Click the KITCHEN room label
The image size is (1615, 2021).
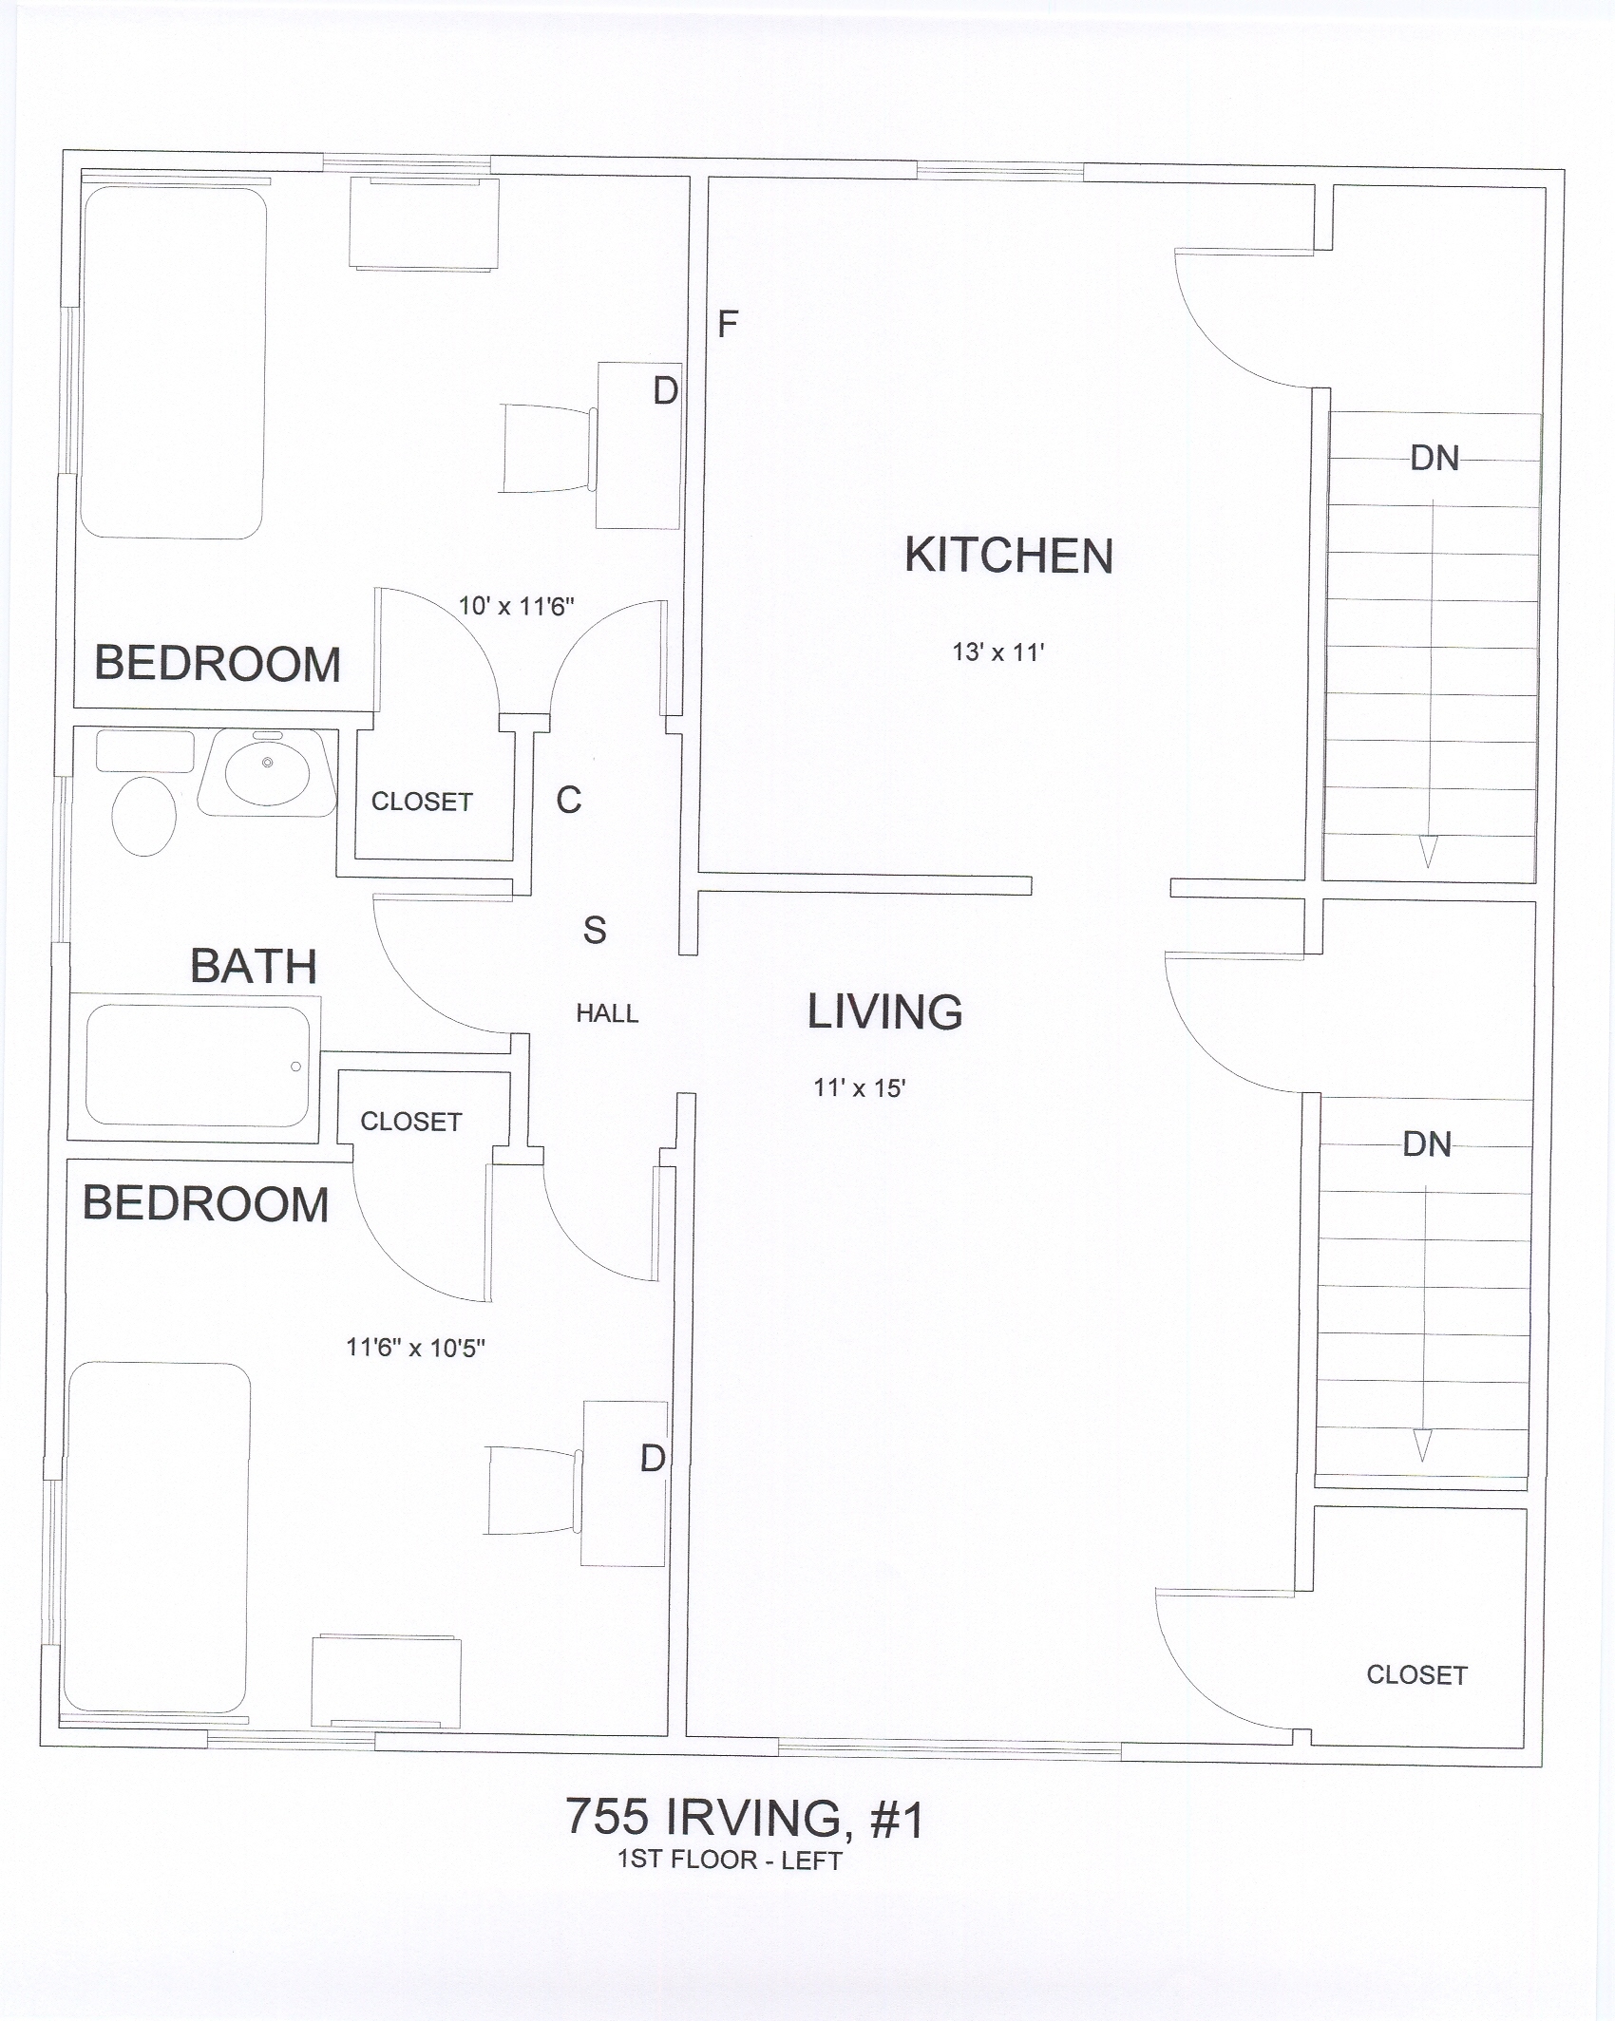click(1009, 556)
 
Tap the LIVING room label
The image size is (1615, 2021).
click(885, 1012)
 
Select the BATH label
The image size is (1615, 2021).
click(254, 967)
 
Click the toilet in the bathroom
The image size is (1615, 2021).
click(144, 816)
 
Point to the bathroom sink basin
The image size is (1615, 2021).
click(267, 771)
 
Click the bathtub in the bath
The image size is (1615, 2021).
click(198, 1066)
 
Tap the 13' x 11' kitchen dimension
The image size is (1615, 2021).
click(998, 652)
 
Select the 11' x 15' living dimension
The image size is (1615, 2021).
click(859, 1088)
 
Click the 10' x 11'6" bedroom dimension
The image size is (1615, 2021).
click(517, 606)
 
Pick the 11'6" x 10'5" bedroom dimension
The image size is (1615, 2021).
click(416, 1348)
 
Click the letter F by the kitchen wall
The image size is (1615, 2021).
click(728, 325)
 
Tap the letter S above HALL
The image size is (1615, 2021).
click(595, 931)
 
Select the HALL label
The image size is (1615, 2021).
click(607, 1014)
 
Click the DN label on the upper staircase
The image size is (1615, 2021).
click(1434, 459)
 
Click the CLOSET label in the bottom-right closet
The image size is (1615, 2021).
click(1416, 1675)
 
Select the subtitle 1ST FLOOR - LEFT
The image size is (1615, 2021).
click(730, 1860)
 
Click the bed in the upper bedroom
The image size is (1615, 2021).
click(173, 363)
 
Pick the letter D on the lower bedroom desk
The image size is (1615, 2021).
click(653, 1458)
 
